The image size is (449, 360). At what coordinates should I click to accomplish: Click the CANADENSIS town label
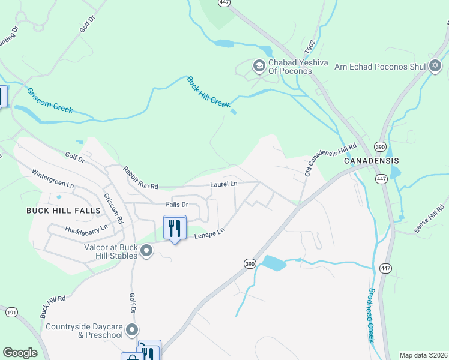click(x=370, y=161)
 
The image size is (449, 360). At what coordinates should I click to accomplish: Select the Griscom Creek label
click(x=49, y=100)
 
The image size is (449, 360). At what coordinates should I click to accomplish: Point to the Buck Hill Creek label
click(x=208, y=92)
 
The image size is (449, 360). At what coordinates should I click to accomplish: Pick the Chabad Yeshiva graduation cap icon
click(x=259, y=65)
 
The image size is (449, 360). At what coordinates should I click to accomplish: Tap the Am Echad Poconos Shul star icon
click(x=436, y=65)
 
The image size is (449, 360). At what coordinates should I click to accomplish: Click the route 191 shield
click(x=11, y=311)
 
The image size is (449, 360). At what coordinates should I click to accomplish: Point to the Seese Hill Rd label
click(x=429, y=219)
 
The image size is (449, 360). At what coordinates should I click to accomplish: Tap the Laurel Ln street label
click(x=223, y=184)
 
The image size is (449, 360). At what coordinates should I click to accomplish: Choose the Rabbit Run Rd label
click(x=140, y=178)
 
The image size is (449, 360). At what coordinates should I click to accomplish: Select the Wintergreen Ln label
click(x=53, y=178)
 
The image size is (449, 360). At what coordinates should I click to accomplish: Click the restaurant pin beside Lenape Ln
click(x=175, y=229)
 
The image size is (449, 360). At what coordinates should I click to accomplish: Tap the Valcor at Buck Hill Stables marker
click(x=146, y=251)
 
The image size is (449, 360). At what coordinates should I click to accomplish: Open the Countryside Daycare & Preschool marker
click(x=133, y=329)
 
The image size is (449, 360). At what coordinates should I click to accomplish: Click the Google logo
click(x=20, y=353)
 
